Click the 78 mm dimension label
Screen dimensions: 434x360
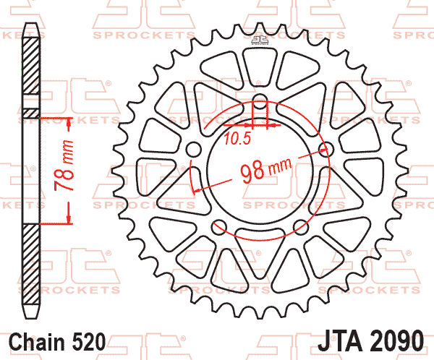pyautogui.click(x=64, y=166)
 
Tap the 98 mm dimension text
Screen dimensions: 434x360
pyautogui.click(x=265, y=169)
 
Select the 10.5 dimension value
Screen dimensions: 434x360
pyautogui.click(x=237, y=138)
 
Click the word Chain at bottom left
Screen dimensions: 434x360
pyautogui.click(x=37, y=342)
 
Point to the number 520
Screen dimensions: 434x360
pyautogui.click(x=89, y=342)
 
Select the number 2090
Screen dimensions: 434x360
pyautogui.click(x=396, y=340)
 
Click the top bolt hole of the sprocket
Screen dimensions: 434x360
pyautogui.click(x=260, y=101)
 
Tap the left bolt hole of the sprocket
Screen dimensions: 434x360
pyautogui.click(x=193, y=150)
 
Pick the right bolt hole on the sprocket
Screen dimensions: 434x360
pyautogui.click(x=327, y=150)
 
